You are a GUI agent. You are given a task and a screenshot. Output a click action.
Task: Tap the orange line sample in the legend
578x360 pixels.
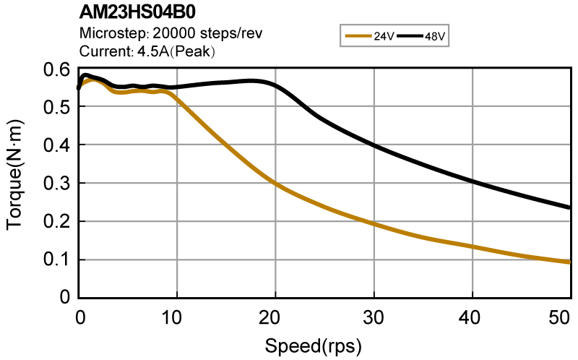[359, 35]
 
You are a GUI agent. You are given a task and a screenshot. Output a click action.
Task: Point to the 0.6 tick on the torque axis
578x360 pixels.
[60, 69]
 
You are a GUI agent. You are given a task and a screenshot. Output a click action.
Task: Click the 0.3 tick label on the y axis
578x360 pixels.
[60, 184]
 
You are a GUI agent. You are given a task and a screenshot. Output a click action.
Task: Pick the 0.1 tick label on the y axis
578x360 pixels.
[60, 260]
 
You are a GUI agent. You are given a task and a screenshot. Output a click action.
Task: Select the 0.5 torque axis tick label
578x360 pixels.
[60, 108]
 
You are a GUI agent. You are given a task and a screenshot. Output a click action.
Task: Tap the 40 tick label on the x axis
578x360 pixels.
[473, 317]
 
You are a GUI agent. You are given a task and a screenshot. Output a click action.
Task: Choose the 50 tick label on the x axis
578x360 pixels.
[561, 317]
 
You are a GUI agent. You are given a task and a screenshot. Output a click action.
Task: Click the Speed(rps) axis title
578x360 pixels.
[313, 345]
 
